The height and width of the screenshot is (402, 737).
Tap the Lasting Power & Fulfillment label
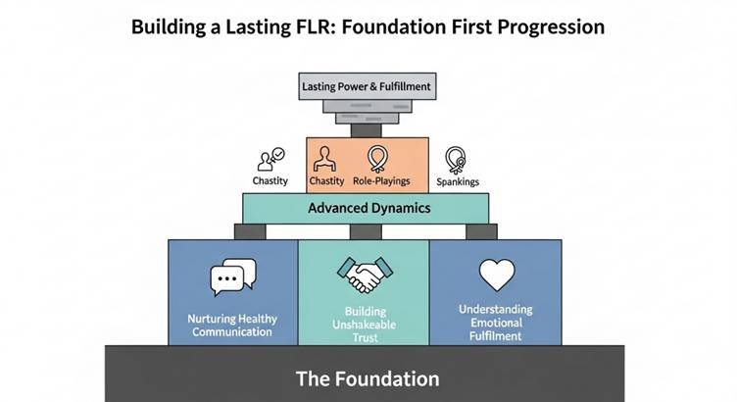[x=367, y=87]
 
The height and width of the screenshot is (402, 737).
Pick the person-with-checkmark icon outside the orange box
[x=270, y=159]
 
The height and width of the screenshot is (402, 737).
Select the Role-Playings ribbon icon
[x=376, y=158]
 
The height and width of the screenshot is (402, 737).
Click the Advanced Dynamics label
[x=368, y=208]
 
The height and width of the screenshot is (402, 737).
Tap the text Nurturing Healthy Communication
[x=232, y=325]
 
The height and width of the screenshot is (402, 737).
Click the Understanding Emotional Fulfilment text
[x=495, y=322]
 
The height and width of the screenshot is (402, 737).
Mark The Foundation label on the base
[x=368, y=377]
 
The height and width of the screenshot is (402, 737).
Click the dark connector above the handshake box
[x=366, y=231]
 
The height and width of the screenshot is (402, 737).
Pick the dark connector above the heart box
[x=481, y=231]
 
